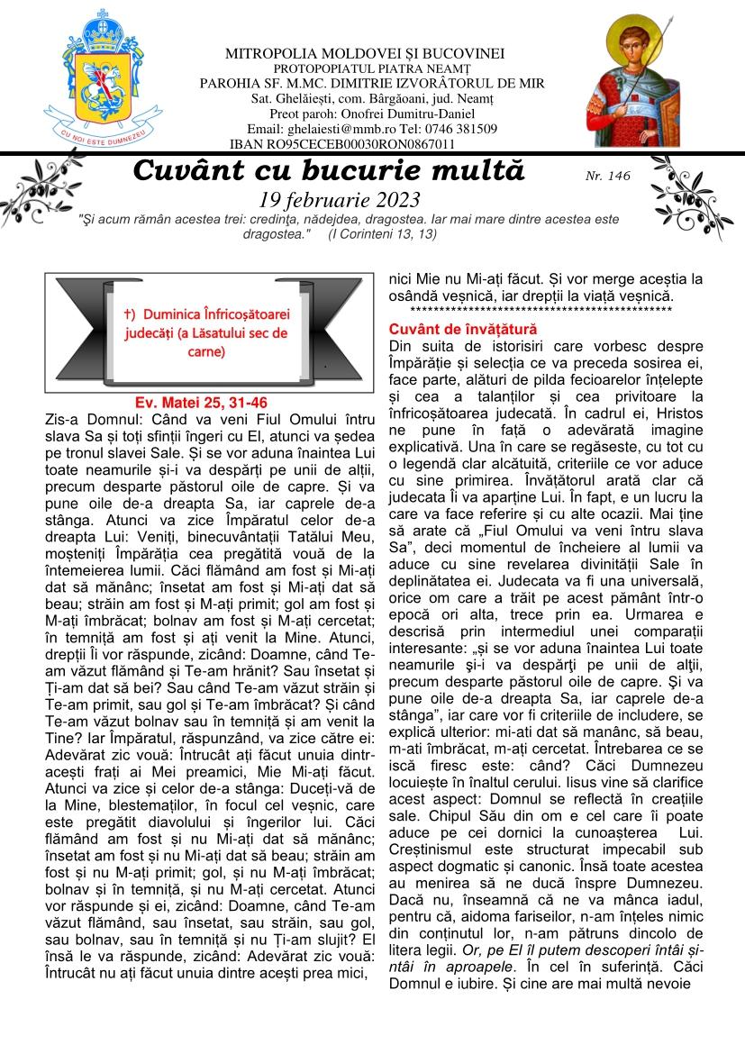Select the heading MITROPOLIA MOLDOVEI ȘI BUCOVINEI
click(x=364, y=54)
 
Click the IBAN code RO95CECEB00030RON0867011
click(x=369, y=143)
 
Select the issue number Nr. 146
click(x=607, y=177)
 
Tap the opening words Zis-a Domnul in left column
click(x=86, y=420)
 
